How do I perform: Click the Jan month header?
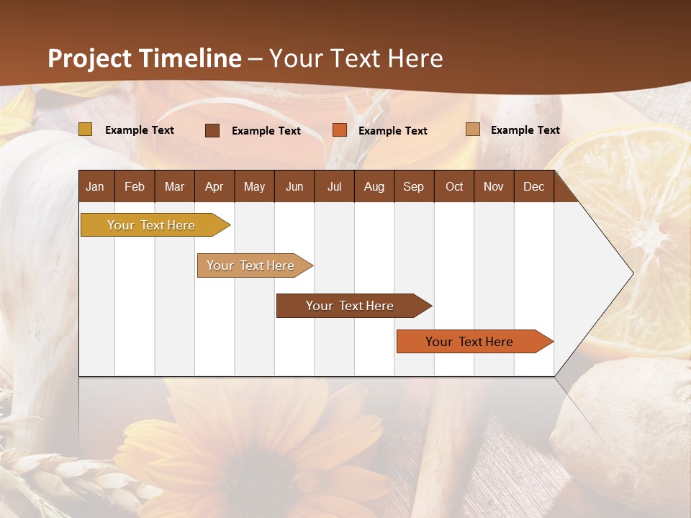click(95, 187)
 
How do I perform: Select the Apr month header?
click(214, 187)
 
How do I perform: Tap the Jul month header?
click(334, 187)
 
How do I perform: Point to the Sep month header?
click(413, 187)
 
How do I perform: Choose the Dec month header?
click(533, 187)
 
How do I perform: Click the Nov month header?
click(493, 187)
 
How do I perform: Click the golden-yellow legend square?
click(85, 129)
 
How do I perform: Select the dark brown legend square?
click(212, 130)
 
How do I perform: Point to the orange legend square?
click(340, 130)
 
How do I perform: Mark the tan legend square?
click(473, 129)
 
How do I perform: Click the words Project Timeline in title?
click(144, 58)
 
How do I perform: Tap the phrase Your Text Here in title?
click(356, 58)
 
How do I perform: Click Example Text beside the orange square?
click(392, 131)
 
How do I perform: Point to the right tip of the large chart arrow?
click(632, 273)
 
